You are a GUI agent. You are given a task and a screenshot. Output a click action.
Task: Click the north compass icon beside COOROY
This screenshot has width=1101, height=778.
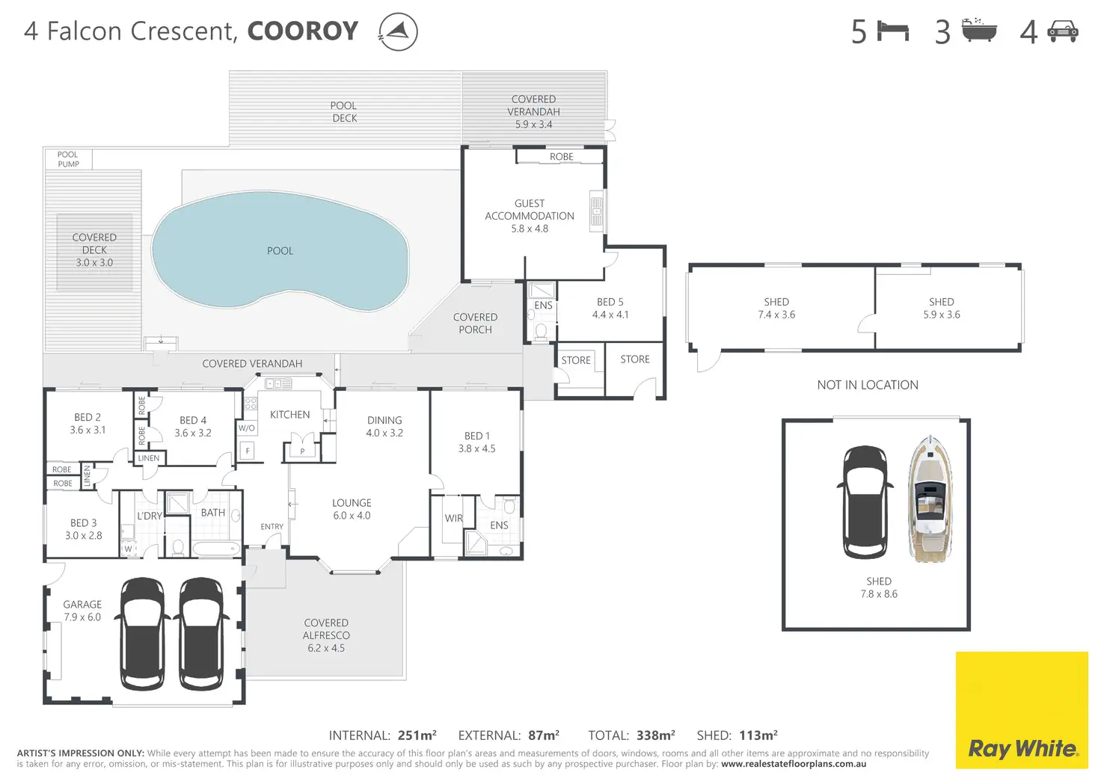398,31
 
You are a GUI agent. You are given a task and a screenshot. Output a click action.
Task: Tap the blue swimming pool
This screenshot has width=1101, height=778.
280,251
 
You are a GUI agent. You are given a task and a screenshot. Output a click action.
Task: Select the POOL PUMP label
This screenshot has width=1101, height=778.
68,159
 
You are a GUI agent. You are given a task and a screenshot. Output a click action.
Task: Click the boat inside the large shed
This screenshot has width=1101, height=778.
930,498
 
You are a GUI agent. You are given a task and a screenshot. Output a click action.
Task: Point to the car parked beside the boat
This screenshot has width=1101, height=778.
865,502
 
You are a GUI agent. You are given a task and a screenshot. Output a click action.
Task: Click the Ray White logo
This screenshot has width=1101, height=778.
1022,709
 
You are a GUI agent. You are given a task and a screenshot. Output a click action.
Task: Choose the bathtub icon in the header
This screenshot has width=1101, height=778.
979,30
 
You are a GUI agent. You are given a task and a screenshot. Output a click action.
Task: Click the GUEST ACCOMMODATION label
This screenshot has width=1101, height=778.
530,210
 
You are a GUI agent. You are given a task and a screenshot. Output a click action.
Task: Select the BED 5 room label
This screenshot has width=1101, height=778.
610,302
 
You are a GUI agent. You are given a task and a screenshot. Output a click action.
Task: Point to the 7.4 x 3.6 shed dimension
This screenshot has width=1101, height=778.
776,315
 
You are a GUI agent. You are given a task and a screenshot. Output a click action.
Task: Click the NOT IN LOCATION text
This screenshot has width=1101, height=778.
868,385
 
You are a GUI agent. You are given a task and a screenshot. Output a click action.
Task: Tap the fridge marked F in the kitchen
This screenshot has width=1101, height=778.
248,451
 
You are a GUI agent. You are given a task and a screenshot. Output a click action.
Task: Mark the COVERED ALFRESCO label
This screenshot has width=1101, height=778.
326,629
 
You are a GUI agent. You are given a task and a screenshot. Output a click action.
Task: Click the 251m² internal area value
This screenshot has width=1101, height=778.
417,735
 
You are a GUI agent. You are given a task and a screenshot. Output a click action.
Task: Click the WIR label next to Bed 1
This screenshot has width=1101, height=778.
453,518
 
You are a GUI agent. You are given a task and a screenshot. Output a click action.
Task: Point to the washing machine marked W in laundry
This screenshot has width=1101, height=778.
129,549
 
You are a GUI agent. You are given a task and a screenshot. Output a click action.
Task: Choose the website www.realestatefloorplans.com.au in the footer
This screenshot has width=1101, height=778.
794,764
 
